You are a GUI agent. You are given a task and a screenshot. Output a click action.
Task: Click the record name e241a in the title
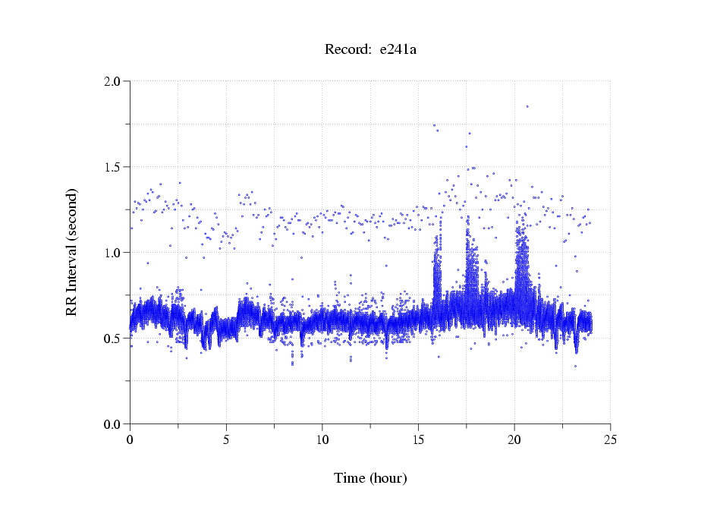398,50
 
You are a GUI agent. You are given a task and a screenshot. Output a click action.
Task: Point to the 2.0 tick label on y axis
115,80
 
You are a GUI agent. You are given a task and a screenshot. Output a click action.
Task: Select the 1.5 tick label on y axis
115,166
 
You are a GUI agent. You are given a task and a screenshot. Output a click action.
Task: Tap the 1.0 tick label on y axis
115,252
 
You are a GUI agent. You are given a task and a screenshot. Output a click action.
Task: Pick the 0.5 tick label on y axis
115,338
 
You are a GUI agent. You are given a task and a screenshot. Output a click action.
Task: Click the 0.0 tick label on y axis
115,424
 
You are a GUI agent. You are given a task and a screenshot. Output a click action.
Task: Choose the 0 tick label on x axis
130,439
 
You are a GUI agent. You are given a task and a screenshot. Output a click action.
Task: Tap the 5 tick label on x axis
226,439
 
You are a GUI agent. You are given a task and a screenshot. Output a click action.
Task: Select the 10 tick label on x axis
322,439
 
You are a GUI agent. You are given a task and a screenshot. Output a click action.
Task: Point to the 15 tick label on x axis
418,439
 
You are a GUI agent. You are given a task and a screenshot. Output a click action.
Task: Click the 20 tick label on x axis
514,439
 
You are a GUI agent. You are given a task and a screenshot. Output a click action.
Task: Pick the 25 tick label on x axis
611,439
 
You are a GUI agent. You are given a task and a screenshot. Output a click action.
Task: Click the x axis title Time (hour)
370,478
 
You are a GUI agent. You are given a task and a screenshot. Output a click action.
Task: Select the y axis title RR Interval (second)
71,252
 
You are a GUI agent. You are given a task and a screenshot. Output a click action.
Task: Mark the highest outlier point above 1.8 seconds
527,106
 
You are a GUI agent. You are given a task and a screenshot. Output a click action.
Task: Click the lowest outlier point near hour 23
575,366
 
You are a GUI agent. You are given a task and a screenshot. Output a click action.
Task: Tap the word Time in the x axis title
350,478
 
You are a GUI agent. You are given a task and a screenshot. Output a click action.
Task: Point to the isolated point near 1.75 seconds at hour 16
434,125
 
